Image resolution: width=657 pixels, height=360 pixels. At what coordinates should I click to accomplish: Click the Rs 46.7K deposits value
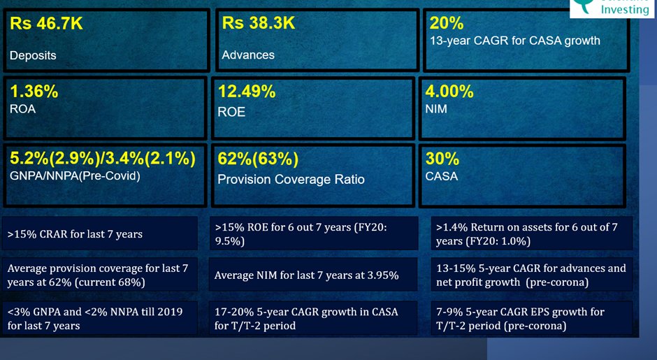[46, 24]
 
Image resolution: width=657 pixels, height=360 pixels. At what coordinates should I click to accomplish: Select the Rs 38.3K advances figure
[258, 24]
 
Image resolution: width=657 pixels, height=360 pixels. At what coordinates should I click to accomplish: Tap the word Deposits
[33, 55]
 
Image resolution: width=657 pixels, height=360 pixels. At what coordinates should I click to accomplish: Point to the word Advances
[248, 55]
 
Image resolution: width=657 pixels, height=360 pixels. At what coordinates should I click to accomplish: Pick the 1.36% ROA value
[34, 92]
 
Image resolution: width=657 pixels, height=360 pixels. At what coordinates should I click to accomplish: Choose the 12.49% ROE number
[247, 92]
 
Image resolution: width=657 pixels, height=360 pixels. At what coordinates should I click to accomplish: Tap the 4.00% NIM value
[449, 92]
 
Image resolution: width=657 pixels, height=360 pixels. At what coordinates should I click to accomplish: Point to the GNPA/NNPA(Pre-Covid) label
[75, 176]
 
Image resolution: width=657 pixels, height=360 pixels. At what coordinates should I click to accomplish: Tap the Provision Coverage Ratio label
[291, 179]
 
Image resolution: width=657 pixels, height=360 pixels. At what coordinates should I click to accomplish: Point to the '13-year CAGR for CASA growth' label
[515, 41]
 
